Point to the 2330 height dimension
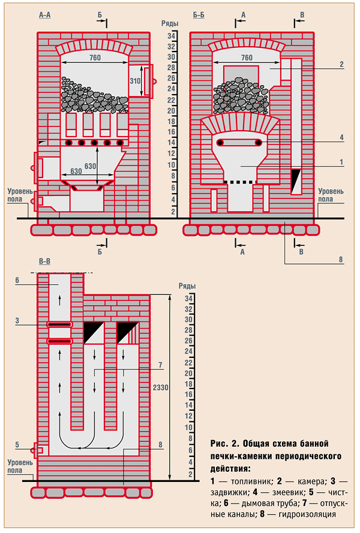161,387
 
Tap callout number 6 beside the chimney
17,280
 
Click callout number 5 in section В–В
17,444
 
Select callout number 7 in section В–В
160,364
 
